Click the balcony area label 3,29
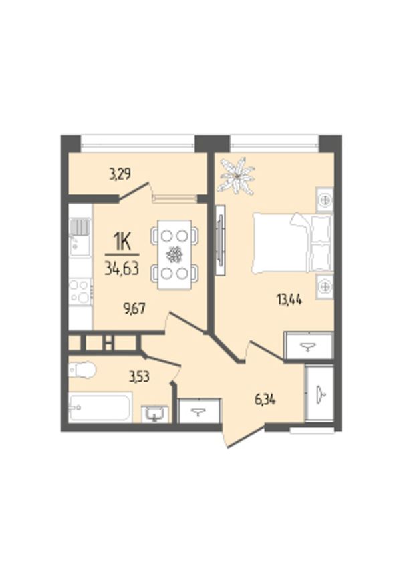pyautogui.click(x=120, y=174)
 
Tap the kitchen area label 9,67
pyautogui.click(x=134, y=308)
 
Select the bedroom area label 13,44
pyautogui.click(x=289, y=299)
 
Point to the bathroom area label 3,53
pyautogui.click(x=140, y=377)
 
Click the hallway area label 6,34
pyautogui.click(x=265, y=400)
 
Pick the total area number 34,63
pyautogui.click(x=122, y=268)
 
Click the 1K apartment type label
pyautogui.click(x=122, y=243)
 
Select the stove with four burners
pyautogui.click(x=80, y=292)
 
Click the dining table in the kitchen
pyautogui.click(x=174, y=255)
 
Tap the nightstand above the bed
pyautogui.click(x=325, y=200)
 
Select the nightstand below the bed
pyautogui.click(x=325, y=286)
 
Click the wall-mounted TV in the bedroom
pyautogui.click(x=220, y=240)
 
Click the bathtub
pyautogui.click(x=100, y=406)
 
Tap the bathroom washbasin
pyautogui.click(x=154, y=414)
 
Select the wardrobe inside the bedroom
pyautogui.click(x=308, y=346)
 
